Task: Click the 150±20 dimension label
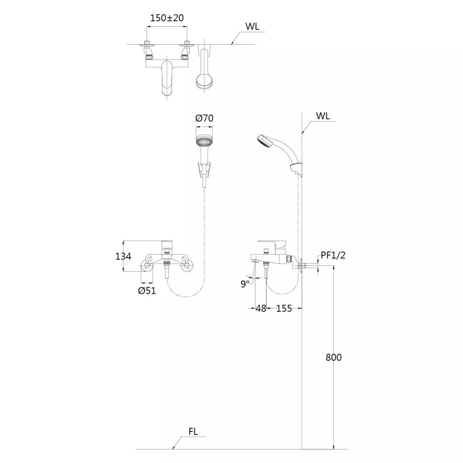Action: point(167,18)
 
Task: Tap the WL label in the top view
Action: point(252,26)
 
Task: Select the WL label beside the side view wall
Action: point(323,116)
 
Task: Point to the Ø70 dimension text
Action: point(204,118)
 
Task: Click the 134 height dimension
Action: point(123,256)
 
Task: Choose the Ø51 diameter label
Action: point(147,291)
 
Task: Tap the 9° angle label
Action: point(245,284)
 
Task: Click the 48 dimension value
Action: point(261,308)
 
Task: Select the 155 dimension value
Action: point(284,308)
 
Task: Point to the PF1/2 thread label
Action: point(333,255)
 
